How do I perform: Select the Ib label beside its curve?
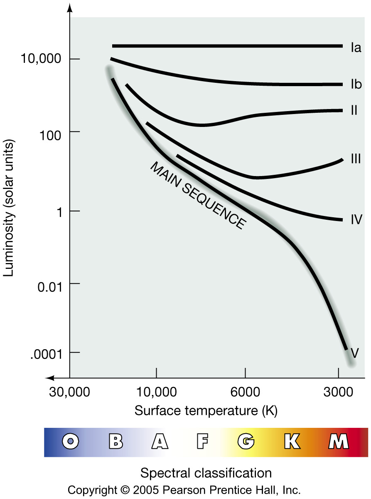click(356, 84)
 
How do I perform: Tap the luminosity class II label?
click(354, 111)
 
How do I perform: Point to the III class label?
click(355, 159)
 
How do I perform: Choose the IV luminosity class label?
click(356, 219)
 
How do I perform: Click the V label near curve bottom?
click(354, 353)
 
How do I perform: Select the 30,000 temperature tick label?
click(69, 392)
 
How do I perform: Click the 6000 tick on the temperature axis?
click(246, 392)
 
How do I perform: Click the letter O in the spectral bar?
click(71, 441)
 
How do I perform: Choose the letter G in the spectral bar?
click(246, 441)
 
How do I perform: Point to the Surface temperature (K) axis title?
click(206, 411)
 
